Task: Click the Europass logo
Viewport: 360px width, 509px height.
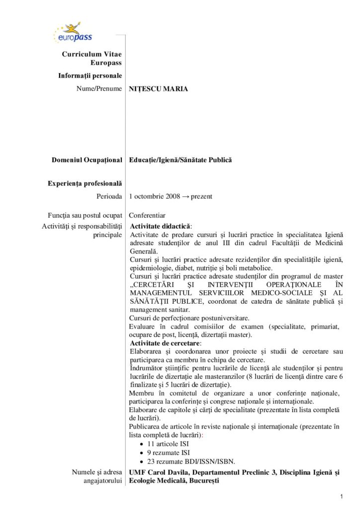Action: (x=72, y=33)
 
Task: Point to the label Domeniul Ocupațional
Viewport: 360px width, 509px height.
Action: (x=87, y=160)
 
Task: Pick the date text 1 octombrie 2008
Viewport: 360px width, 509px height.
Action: (x=151, y=196)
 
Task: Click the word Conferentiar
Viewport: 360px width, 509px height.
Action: (x=147, y=216)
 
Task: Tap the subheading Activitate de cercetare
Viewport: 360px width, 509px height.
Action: (x=165, y=343)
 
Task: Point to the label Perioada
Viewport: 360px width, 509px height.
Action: (x=109, y=196)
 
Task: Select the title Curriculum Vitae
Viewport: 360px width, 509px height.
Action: (x=92, y=54)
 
